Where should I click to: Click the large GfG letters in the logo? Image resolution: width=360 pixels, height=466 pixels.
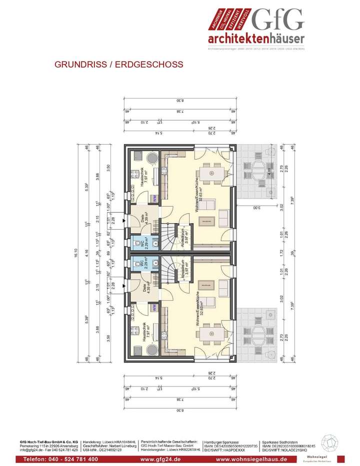pyautogui.click(x=278, y=20)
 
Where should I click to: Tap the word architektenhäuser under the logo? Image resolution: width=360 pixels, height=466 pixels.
pyautogui.click(x=256, y=39)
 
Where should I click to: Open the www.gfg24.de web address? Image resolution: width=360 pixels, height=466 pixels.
pyautogui.click(x=160, y=459)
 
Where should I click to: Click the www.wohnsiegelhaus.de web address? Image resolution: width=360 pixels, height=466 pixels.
pyautogui.click(x=251, y=459)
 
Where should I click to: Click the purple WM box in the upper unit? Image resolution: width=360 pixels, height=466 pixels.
pyautogui.click(x=155, y=198)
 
